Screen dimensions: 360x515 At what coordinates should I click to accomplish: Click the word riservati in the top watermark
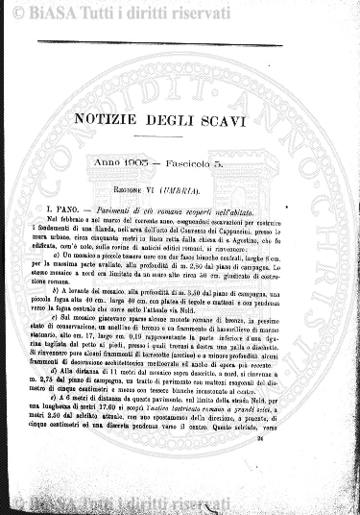152,12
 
